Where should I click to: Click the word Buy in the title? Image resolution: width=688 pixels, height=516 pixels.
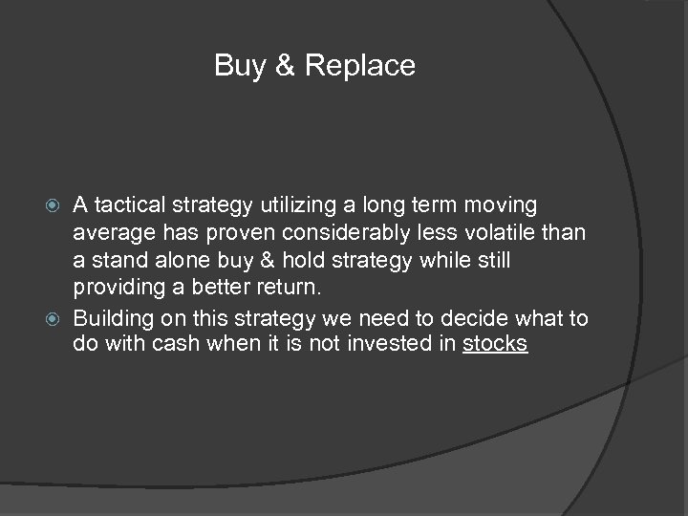pyautogui.click(x=235, y=66)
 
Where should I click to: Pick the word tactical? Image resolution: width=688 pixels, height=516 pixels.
pyautogui.click(x=129, y=204)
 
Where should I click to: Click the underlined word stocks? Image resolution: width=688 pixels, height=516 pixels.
pyautogui.click(x=495, y=343)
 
